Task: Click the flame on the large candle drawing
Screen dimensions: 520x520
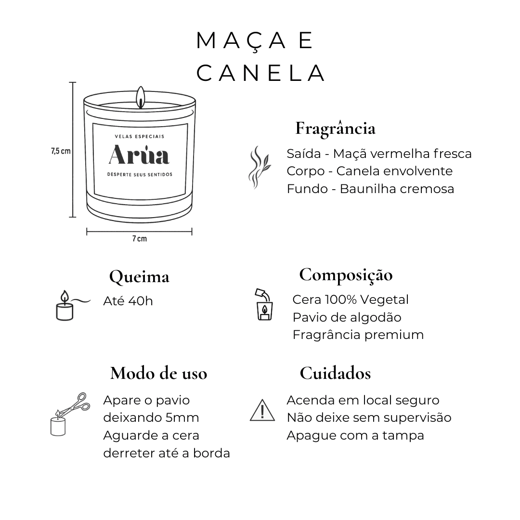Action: click(141, 97)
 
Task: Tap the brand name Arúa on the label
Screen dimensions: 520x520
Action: click(139, 155)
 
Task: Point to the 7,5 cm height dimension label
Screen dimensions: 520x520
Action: click(61, 151)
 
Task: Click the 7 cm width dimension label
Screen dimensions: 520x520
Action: click(139, 238)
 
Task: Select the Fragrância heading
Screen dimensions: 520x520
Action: click(335, 129)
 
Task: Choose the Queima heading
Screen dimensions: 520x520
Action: click(139, 277)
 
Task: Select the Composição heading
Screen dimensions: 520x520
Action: click(346, 275)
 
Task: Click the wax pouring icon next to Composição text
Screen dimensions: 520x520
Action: click(264, 304)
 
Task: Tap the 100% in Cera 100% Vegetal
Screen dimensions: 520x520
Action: click(341, 299)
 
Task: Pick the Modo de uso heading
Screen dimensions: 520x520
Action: click(158, 374)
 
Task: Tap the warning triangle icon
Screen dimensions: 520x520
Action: click(262, 410)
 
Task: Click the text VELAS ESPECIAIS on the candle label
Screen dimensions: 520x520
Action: click(140, 136)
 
